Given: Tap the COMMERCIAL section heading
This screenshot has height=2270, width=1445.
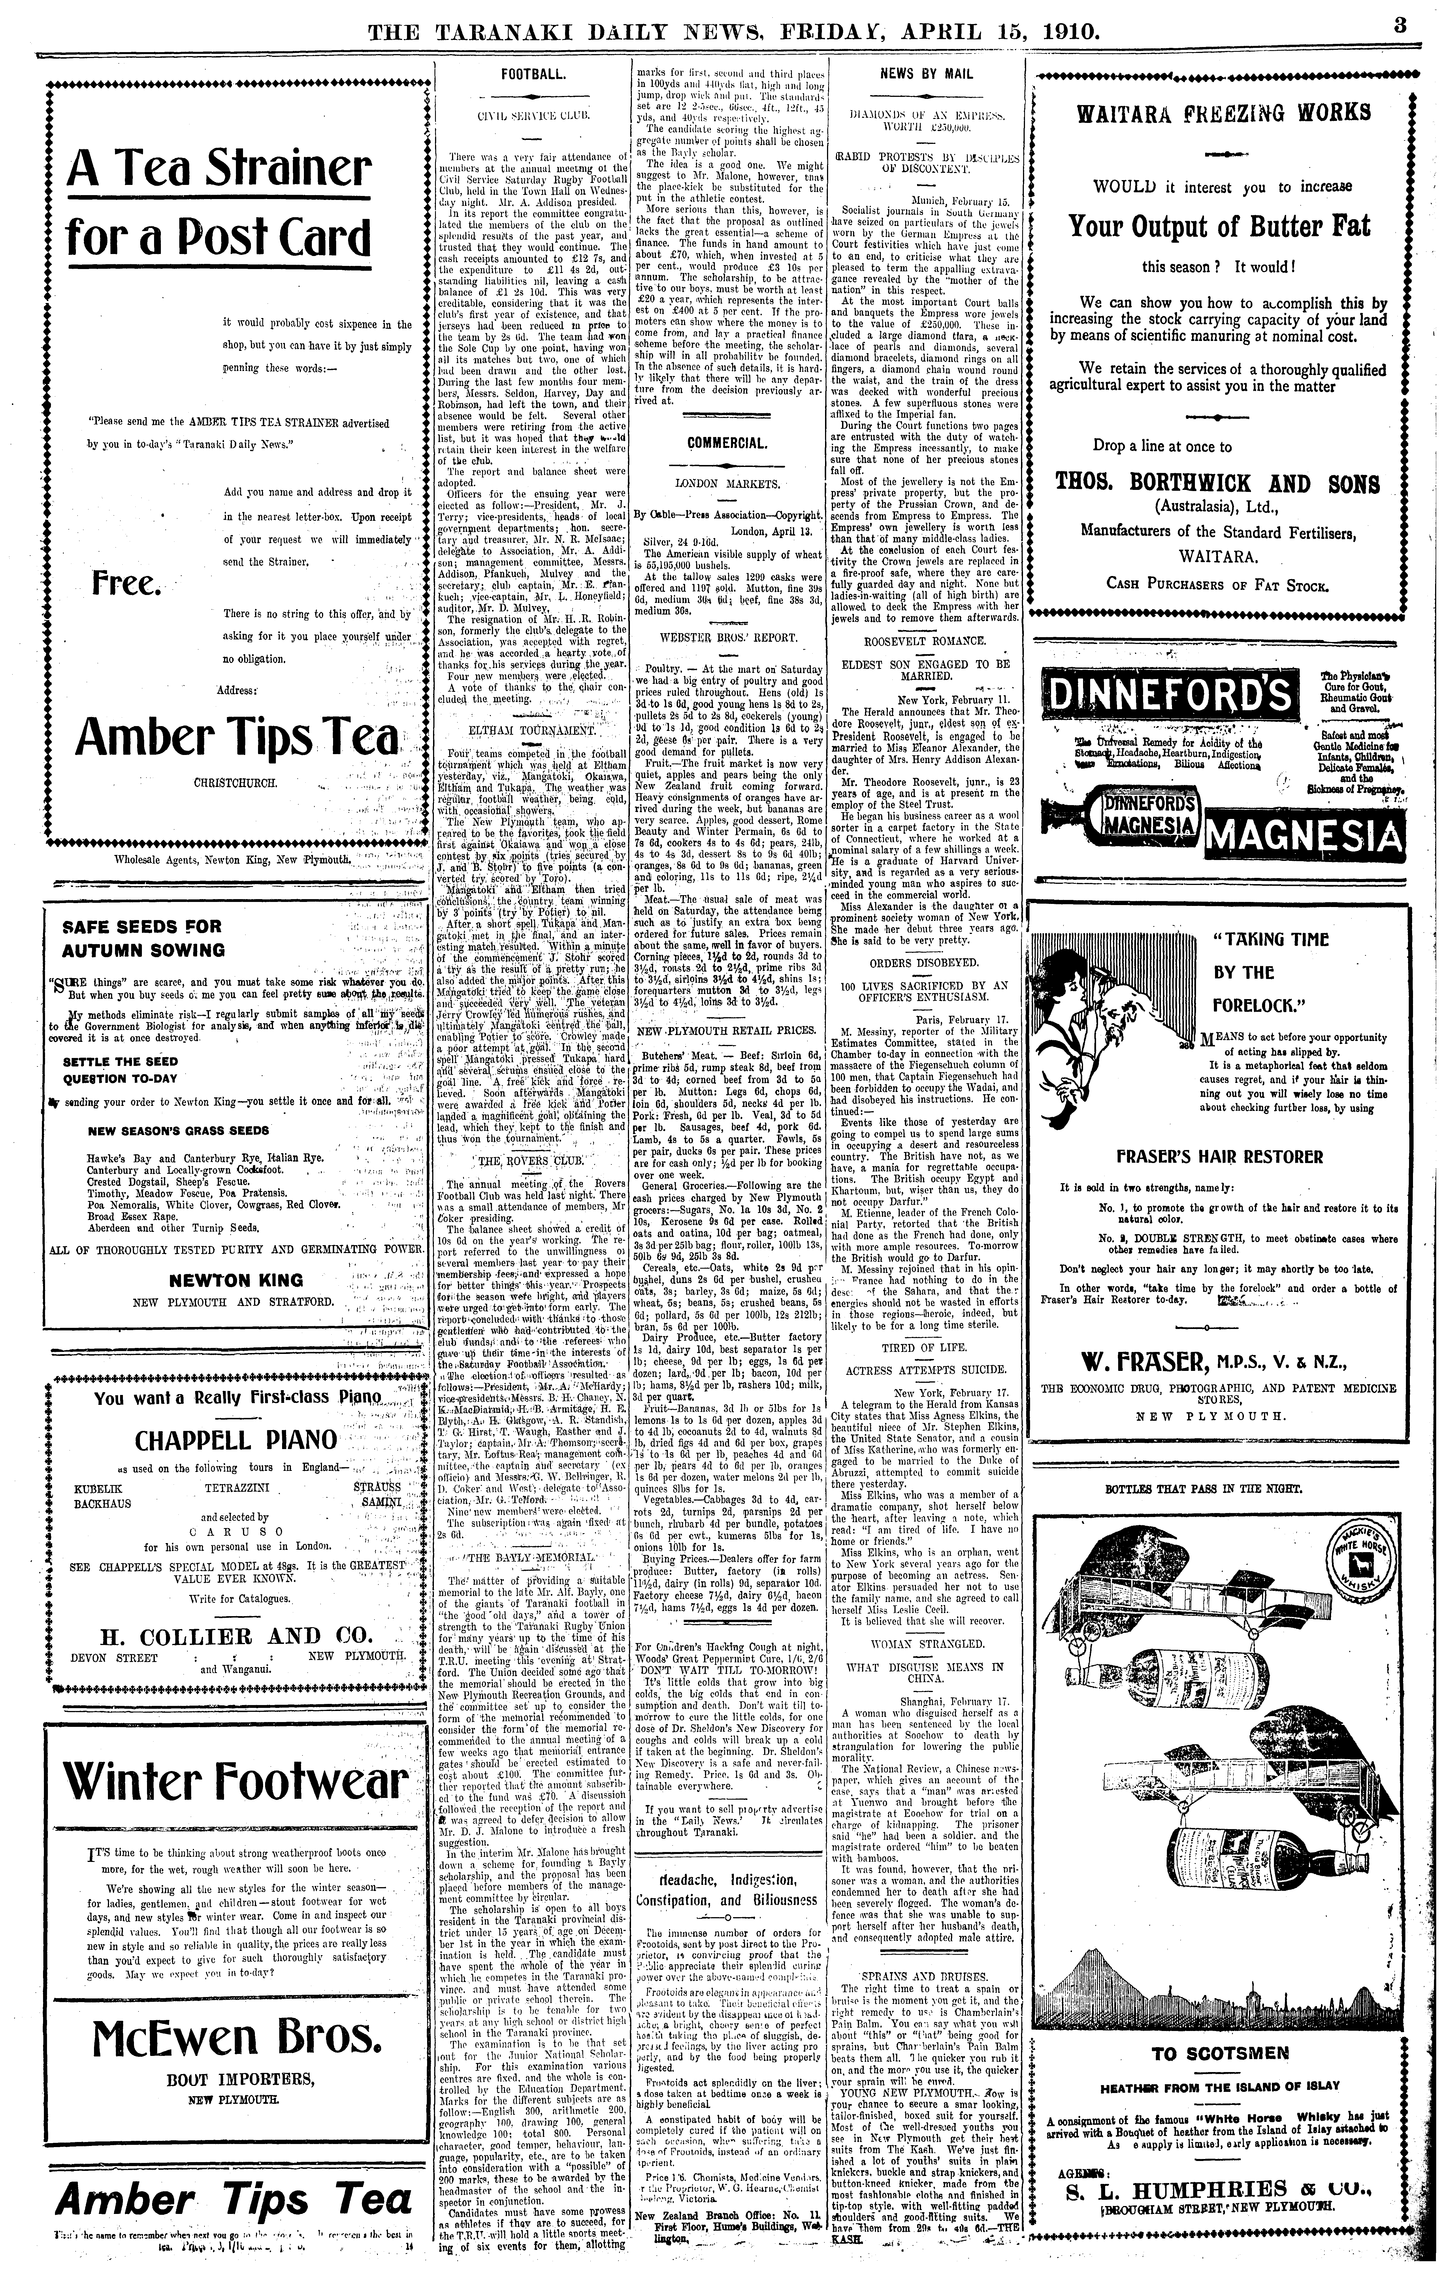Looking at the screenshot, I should (x=727, y=442).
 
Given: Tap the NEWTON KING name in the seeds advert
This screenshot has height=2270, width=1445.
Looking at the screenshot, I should (x=236, y=1280).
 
